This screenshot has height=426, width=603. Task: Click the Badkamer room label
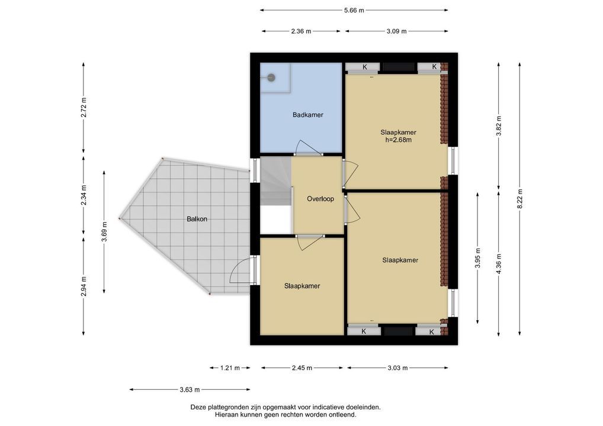click(307, 115)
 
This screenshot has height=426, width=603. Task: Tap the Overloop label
click(320, 199)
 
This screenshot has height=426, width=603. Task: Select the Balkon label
click(197, 219)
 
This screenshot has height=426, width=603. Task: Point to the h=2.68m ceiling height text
click(399, 140)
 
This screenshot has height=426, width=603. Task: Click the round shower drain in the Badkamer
click(271, 78)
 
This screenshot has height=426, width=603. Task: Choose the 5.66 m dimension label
click(354, 11)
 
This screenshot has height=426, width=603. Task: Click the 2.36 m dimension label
click(301, 31)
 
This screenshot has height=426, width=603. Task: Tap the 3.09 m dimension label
click(396, 31)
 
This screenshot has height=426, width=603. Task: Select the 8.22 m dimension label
click(519, 199)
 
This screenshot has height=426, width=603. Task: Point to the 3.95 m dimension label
click(477, 259)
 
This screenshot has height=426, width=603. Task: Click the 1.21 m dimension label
click(230, 368)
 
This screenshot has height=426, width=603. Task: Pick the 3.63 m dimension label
click(190, 389)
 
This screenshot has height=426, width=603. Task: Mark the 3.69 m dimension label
click(104, 233)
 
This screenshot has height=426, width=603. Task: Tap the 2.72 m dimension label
click(84, 108)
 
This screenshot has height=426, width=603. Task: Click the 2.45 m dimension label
click(302, 368)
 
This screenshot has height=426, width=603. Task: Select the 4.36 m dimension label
click(499, 264)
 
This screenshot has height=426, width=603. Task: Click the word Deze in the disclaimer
click(198, 407)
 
